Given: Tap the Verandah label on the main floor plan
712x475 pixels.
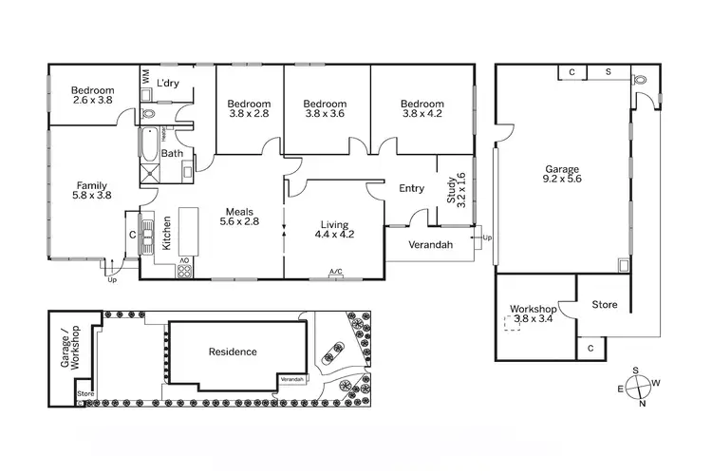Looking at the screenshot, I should [x=429, y=245].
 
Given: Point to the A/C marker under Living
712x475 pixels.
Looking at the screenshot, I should [x=335, y=273].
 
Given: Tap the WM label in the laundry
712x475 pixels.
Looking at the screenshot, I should [x=145, y=77].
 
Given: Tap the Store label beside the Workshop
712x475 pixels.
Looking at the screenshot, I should [x=605, y=305].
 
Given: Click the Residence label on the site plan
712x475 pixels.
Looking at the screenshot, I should [x=233, y=352].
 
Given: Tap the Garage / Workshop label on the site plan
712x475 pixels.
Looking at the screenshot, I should [x=70, y=349].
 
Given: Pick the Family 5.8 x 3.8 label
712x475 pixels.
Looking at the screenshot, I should [x=92, y=191].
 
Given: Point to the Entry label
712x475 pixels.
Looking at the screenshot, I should [x=411, y=188].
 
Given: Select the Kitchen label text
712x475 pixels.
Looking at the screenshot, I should [x=166, y=232].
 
